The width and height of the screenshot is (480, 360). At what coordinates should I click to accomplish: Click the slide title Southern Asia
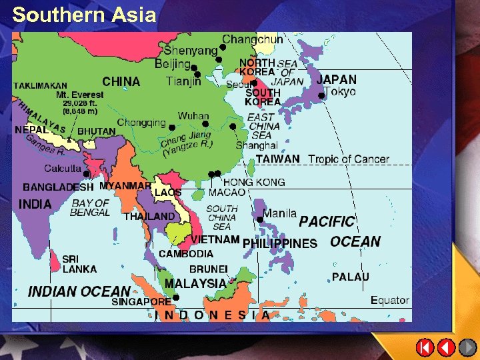click(84, 15)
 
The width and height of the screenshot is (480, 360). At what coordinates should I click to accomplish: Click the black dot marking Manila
click(259, 219)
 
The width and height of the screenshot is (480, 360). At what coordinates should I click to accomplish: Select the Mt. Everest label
click(80, 95)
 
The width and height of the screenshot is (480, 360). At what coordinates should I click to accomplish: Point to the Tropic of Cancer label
click(349, 159)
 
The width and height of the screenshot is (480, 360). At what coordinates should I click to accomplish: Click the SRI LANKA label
click(79, 264)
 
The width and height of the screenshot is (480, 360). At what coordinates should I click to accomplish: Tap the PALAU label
click(351, 277)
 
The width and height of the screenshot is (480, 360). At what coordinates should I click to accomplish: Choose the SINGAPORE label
click(141, 302)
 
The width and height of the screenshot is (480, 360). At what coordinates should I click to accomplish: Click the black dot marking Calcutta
click(87, 174)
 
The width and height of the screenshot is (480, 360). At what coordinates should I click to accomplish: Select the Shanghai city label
click(257, 145)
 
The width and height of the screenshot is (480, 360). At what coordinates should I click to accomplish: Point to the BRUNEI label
click(209, 269)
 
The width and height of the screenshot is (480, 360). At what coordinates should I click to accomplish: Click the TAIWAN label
click(278, 159)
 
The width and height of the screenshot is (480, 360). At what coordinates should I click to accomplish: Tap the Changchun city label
click(253, 39)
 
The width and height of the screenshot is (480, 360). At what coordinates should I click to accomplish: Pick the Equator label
click(390, 300)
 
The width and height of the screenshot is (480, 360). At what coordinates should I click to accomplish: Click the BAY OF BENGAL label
click(90, 207)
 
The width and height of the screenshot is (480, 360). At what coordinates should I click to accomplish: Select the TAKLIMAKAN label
click(41, 85)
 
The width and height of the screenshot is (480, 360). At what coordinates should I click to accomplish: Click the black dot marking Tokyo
click(321, 96)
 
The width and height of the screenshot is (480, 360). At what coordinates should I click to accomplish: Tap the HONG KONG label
click(254, 182)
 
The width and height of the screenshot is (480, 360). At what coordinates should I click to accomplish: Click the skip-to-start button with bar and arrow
click(425, 347)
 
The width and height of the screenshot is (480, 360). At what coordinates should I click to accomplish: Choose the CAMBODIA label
click(186, 253)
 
